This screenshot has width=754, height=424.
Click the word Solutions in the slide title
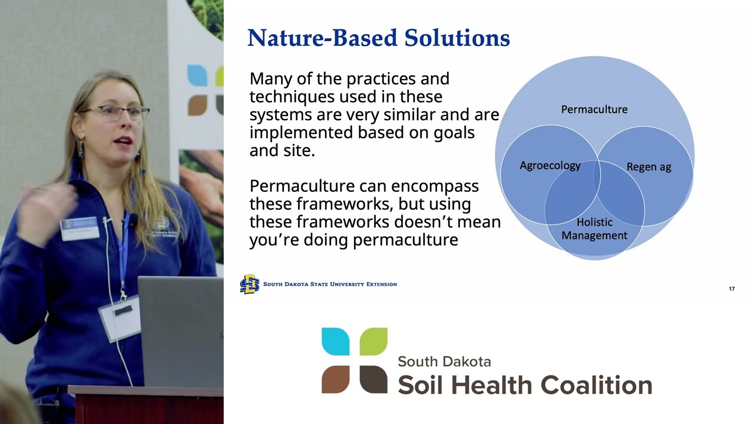point(457,38)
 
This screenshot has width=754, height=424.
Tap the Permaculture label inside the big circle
point(594,110)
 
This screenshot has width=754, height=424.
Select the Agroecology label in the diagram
point(550,165)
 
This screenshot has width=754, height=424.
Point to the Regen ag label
point(649,167)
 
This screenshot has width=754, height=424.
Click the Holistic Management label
point(594,229)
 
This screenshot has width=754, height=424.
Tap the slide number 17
point(732,289)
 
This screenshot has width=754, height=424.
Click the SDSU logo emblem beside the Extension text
point(250,284)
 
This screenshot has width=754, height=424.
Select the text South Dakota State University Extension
point(330,284)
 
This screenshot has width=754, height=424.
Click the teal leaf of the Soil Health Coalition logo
point(335,341)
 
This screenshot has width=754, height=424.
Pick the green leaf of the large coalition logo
point(373,341)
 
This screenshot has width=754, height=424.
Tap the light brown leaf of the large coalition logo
point(335,379)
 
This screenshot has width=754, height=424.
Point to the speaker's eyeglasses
point(114,112)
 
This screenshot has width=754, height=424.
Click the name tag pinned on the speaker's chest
point(80,228)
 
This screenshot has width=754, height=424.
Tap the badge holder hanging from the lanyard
point(120,318)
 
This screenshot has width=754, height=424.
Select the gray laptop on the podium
point(181,332)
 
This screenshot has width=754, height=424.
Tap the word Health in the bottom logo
point(491,385)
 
